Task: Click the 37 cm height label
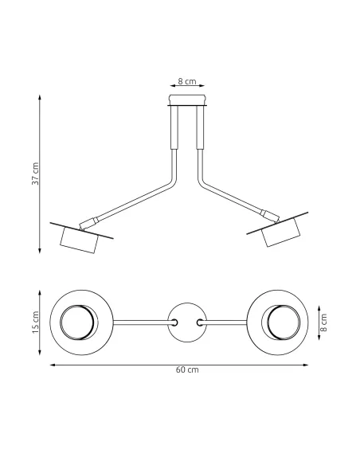35,174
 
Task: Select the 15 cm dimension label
35,322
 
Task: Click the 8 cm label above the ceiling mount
186,81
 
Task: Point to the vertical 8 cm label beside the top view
324,322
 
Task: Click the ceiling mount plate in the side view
187,101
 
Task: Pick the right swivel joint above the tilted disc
269,214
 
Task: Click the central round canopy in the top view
187,322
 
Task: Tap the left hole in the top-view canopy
174,322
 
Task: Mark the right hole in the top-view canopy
200,322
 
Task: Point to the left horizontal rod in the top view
142,322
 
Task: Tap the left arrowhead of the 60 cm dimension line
52,365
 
